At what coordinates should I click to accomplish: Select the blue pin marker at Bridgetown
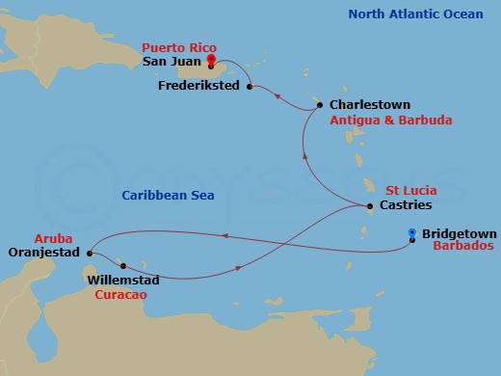pyautogui.click(x=411, y=233)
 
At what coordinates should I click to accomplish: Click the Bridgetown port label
pyautogui.click(x=457, y=232)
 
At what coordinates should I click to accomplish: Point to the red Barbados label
pyautogui.click(x=454, y=248)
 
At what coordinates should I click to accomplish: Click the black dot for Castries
pyautogui.click(x=370, y=206)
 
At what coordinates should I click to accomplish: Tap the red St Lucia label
pyautogui.click(x=408, y=190)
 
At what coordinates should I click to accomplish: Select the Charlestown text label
pyautogui.click(x=370, y=104)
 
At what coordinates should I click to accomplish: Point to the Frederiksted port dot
pyautogui.click(x=250, y=87)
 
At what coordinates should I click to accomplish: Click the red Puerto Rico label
pyautogui.click(x=179, y=47)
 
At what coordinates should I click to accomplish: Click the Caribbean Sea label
pyautogui.click(x=167, y=196)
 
